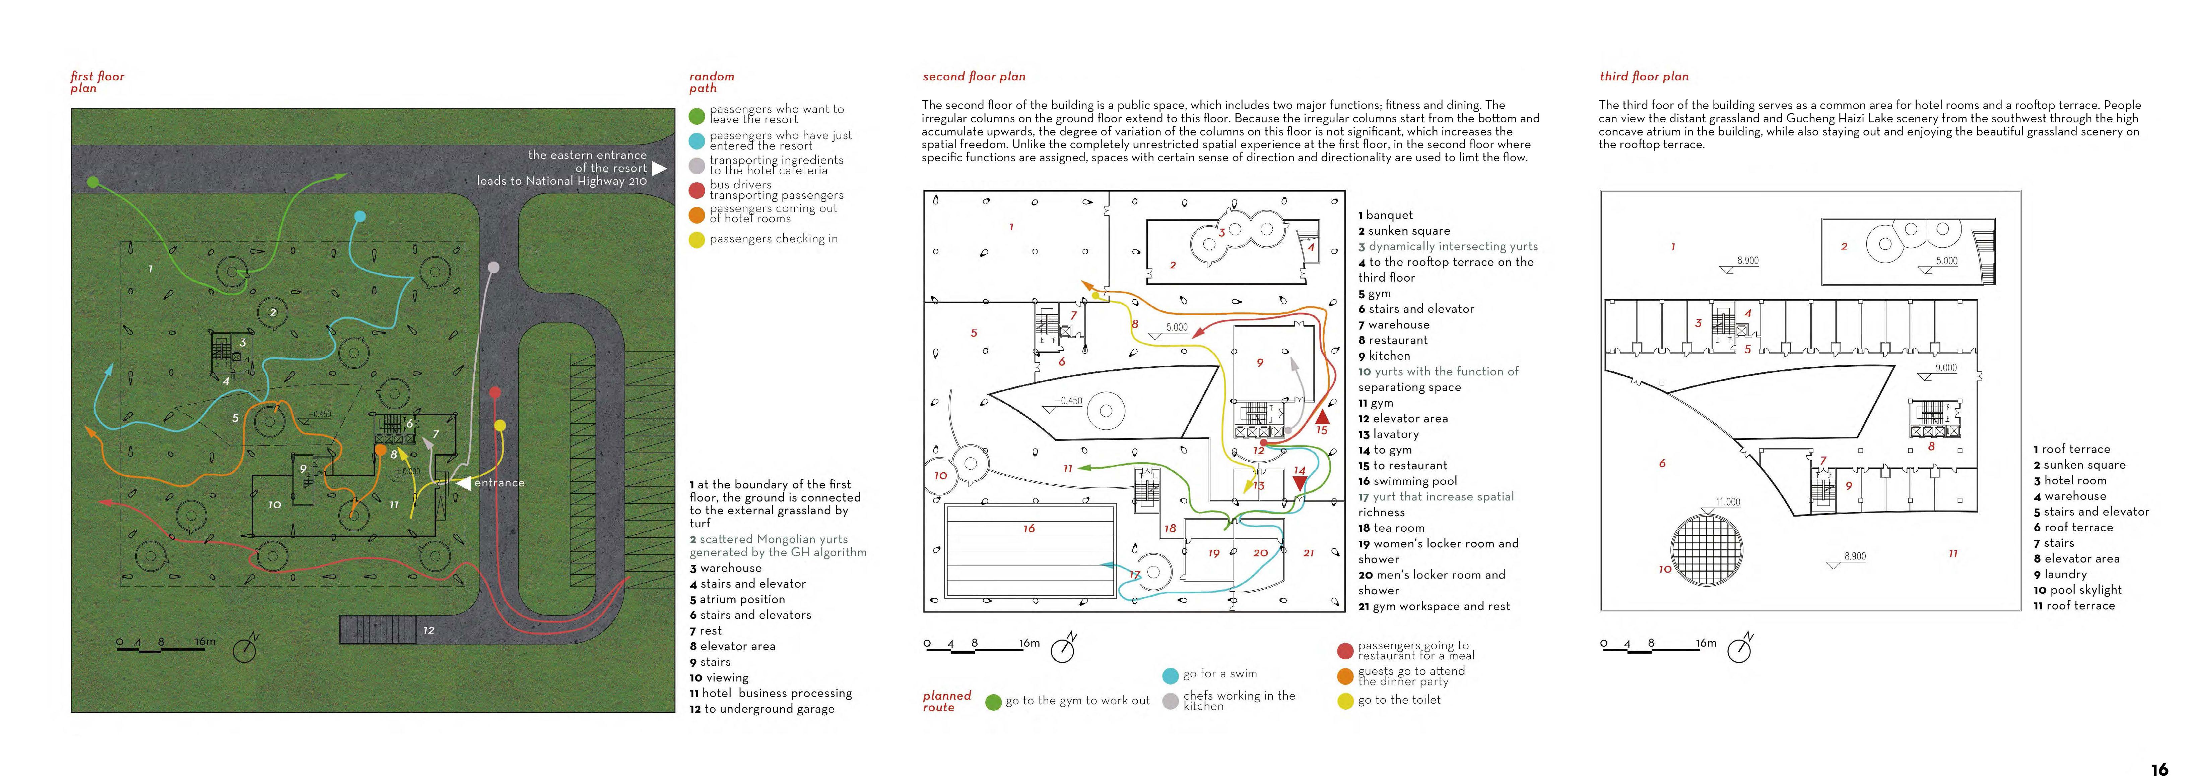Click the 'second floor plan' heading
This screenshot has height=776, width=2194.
[x=974, y=77]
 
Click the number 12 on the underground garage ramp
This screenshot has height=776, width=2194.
[x=428, y=630]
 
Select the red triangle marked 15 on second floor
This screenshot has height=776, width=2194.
[x=1322, y=417]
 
